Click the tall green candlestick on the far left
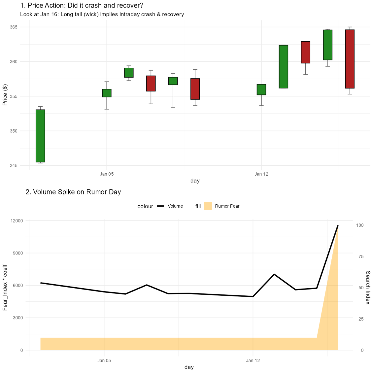click(41, 136)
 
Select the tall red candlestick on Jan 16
click(350, 59)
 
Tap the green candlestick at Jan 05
click(107, 93)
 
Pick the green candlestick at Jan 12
click(261, 90)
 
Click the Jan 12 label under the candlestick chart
click(261, 174)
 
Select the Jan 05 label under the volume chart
click(104, 360)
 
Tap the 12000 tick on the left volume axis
click(17, 221)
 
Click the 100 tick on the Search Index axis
click(360, 225)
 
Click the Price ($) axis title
click(5, 95)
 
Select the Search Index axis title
click(368, 288)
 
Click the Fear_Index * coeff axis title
click(5, 288)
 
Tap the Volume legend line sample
click(161, 206)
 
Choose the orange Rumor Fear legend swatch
click(208, 206)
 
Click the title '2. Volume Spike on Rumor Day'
click(73, 192)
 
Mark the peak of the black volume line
click(338, 226)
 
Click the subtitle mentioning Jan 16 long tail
click(102, 15)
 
